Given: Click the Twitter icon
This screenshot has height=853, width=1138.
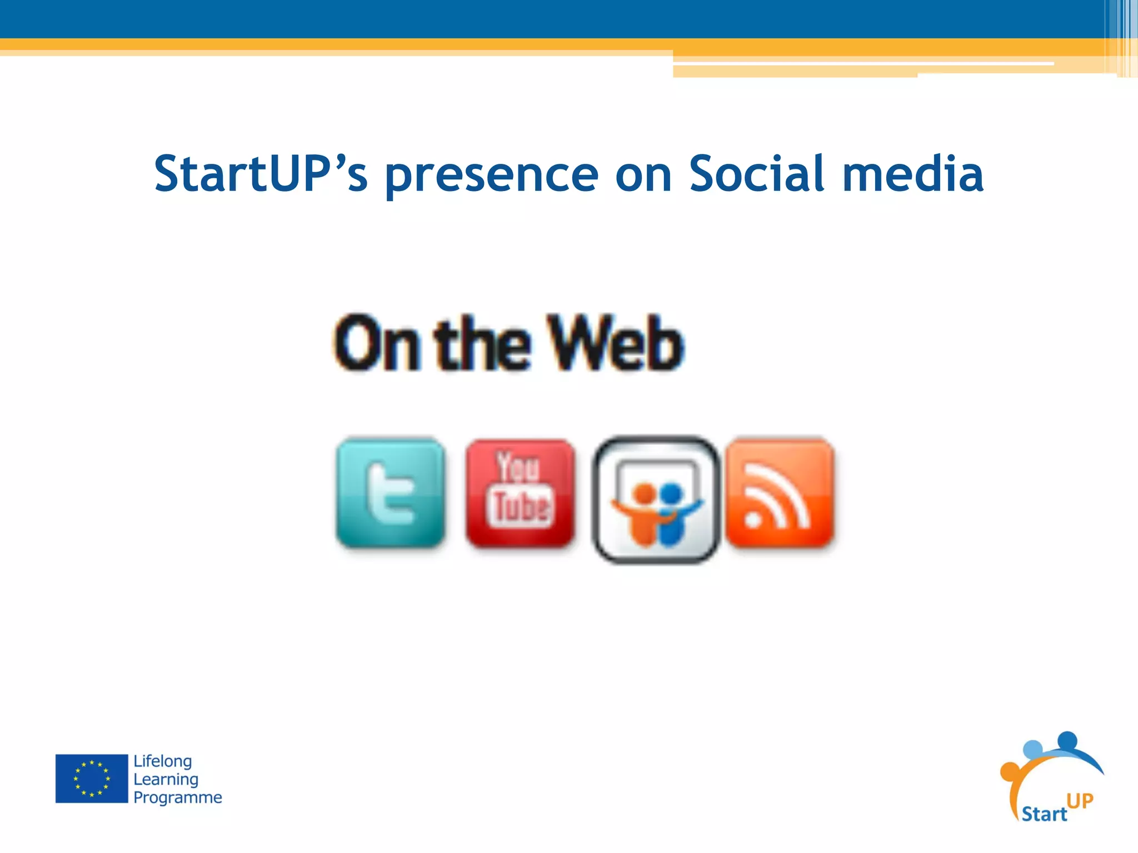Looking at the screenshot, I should point(390,493).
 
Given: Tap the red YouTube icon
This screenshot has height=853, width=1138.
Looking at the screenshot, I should point(520,493).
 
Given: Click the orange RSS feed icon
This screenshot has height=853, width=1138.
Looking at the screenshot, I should point(780,493).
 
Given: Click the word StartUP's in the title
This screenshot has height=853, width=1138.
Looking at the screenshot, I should point(261,174).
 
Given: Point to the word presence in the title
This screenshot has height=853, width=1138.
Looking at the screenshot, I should point(492,177).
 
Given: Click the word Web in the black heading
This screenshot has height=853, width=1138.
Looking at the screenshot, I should point(615,343).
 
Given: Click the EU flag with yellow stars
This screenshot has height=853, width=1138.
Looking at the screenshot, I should point(92,779).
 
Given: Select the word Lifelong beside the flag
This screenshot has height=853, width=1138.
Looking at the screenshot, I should point(163,761).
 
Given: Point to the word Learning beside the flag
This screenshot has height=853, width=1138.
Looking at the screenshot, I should point(166,780).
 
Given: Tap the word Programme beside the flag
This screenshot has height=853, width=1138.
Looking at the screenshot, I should point(177,797).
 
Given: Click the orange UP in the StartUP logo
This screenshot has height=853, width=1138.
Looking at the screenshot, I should point(1080,800).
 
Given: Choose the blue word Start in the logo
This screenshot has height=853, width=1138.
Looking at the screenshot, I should point(1044,814).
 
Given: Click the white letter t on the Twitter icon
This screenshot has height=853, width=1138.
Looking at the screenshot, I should point(389,495).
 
